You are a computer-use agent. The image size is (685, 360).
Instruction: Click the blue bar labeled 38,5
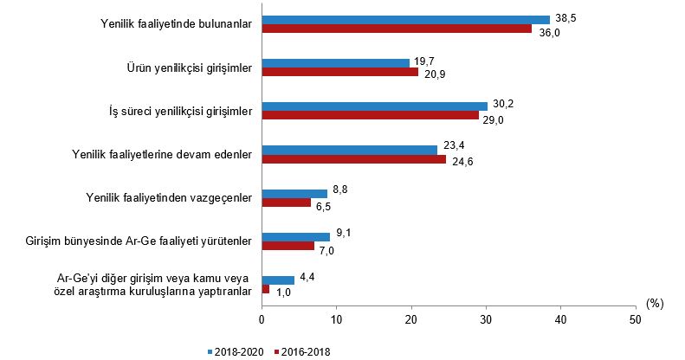point(405,19)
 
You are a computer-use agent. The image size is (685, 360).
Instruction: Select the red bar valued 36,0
point(397,29)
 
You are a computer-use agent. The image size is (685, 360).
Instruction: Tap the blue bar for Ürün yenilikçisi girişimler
point(335,62)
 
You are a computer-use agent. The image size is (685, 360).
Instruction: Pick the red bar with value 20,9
point(339,72)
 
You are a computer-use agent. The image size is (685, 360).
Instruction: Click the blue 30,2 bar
point(374,106)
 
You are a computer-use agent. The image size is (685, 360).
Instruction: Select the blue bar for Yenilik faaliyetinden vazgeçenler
point(294,193)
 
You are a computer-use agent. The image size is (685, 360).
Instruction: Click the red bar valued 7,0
point(288,246)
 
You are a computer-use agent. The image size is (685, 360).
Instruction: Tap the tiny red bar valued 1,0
point(266,289)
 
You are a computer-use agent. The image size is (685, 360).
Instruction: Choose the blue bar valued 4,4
point(278,280)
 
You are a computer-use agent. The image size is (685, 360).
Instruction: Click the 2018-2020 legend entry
point(236,352)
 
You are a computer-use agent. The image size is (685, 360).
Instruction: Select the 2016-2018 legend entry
point(301,352)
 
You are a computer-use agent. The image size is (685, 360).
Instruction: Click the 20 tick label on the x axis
point(410,319)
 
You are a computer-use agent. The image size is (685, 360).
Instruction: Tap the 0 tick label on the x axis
point(262,319)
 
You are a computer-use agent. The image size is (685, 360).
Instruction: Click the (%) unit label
point(655,304)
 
